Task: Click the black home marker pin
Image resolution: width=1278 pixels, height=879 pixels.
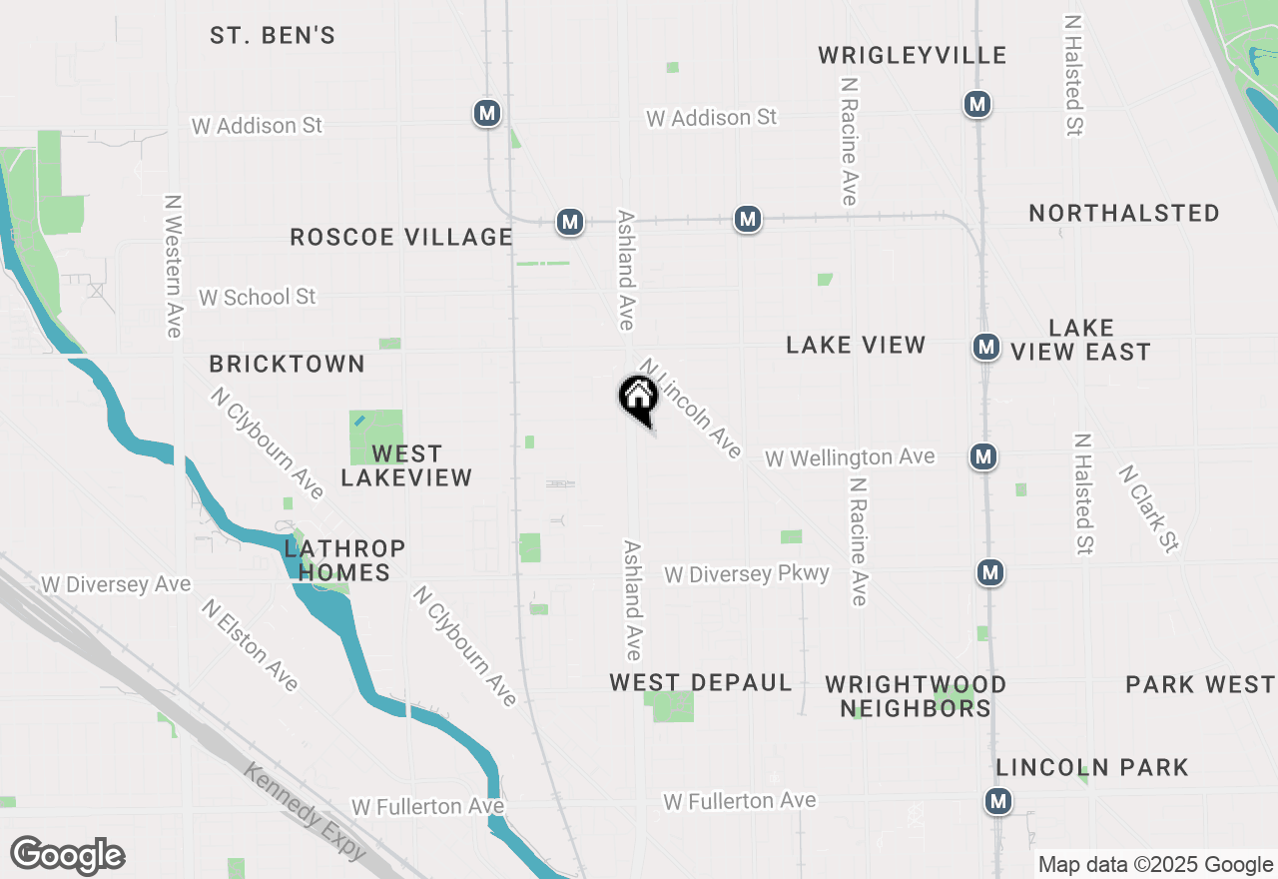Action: click(x=638, y=399)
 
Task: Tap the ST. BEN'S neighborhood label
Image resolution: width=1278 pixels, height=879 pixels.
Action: click(x=272, y=36)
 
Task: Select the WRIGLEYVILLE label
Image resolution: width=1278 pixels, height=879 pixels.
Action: click(x=912, y=55)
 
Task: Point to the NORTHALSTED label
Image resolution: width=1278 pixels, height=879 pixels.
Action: click(x=1124, y=213)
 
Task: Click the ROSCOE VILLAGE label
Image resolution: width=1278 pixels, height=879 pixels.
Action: click(x=400, y=237)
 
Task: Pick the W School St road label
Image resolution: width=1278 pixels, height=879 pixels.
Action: click(x=257, y=298)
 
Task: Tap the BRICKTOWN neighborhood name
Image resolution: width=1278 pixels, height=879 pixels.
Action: click(x=287, y=365)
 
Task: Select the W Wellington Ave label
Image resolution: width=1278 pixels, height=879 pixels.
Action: click(x=850, y=457)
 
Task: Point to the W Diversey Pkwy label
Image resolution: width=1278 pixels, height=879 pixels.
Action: click(x=746, y=574)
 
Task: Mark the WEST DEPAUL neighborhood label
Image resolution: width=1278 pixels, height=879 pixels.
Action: click(x=700, y=683)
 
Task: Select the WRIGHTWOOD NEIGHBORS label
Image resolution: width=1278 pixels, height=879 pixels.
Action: click(x=916, y=696)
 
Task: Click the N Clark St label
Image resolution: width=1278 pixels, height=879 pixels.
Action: click(x=1149, y=507)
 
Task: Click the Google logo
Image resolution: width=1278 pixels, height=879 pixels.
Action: click(x=67, y=855)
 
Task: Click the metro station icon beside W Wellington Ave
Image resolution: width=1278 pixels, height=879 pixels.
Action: click(x=983, y=456)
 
